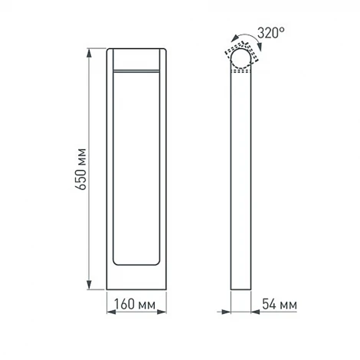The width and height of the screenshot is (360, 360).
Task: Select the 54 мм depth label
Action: (x=278, y=305)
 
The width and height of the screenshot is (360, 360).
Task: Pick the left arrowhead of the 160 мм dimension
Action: (x=109, y=311)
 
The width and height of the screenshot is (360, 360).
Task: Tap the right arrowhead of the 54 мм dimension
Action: (x=251, y=311)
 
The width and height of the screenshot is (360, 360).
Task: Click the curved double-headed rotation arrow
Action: (x=240, y=39)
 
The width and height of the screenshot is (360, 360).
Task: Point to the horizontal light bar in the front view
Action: (x=136, y=70)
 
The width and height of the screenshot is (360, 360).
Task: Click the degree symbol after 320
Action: (x=283, y=30)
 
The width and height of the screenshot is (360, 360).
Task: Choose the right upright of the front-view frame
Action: (x=162, y=169)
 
